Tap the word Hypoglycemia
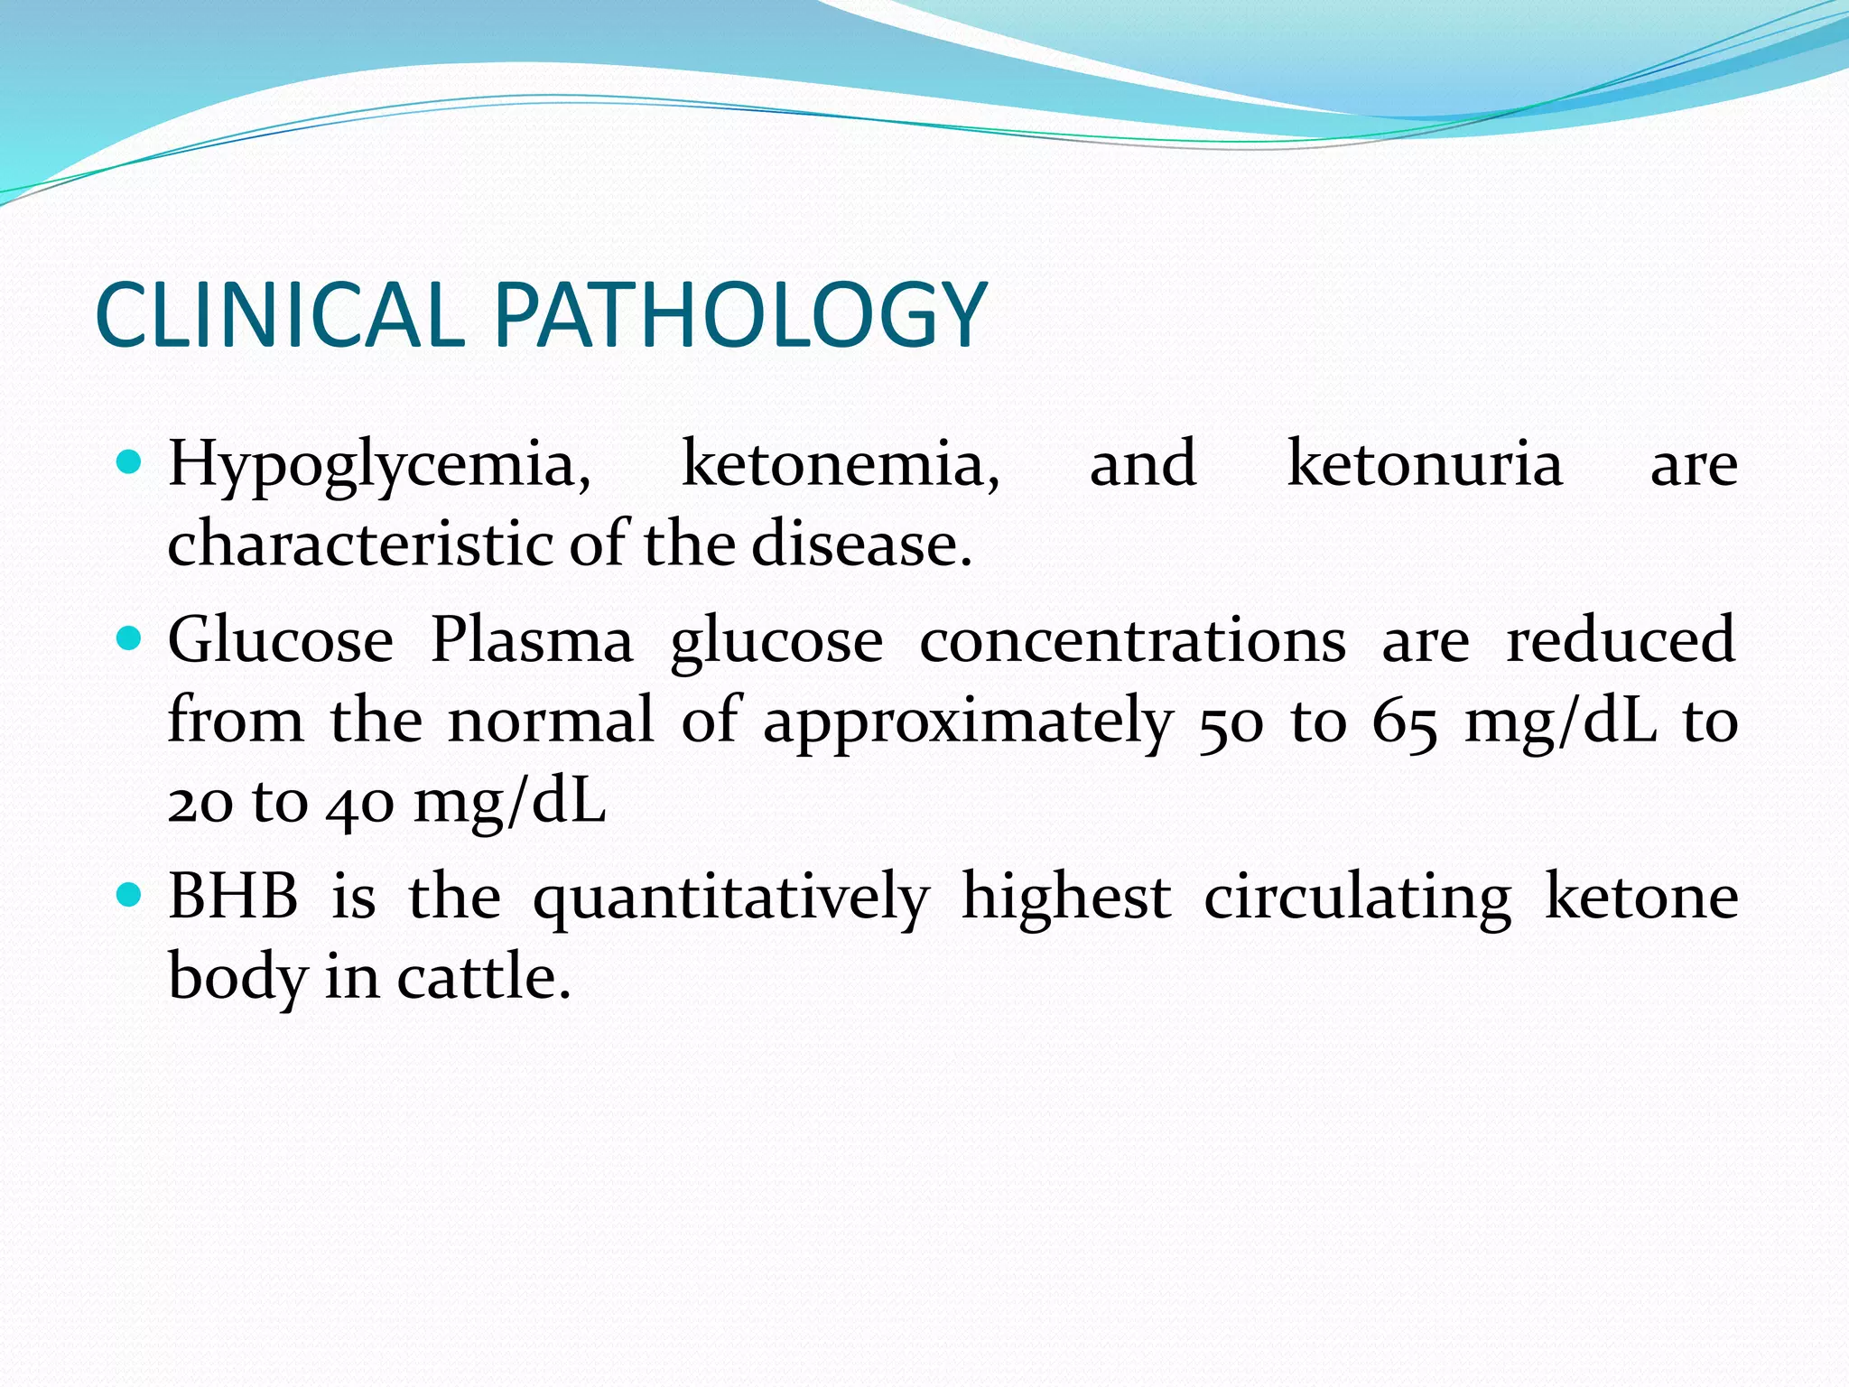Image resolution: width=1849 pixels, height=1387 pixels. point(379,466)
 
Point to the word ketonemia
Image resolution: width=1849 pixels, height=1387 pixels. point(841,464)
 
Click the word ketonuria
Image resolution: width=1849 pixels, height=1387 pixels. point(1425,464)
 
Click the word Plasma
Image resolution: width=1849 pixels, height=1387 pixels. point(532,640)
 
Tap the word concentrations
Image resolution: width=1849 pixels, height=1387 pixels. point(1133,640)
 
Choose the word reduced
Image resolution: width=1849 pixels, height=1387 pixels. point(1621,640)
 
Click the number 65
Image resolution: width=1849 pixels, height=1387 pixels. point(1405,723)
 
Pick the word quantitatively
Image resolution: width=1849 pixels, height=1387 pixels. point(731,899)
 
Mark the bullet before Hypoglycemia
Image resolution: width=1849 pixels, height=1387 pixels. point(131,464)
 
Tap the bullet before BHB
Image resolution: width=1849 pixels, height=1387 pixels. point(131,897)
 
